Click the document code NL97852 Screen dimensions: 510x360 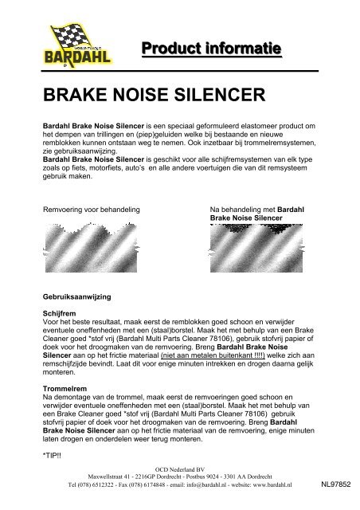pos(337,484)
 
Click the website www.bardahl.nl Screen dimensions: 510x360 pos(284,484)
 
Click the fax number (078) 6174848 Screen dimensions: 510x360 pos(134,484)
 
